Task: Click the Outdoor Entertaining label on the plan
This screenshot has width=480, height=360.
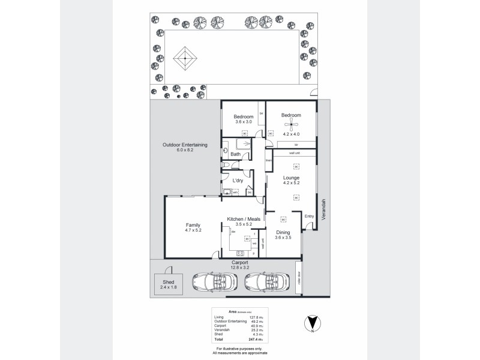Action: click(x=185, y=145)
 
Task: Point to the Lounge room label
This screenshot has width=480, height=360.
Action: click(x=292, y=178)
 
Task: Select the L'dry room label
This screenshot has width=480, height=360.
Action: click(x=238, y=181)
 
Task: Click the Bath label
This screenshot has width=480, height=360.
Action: click(x=235, y=154)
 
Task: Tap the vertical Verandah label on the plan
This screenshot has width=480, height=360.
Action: click(x=323, y=209)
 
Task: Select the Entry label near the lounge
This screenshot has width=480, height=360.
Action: click(x=310, y=216)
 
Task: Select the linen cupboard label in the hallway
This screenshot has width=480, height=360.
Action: click(x=269, y=160)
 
